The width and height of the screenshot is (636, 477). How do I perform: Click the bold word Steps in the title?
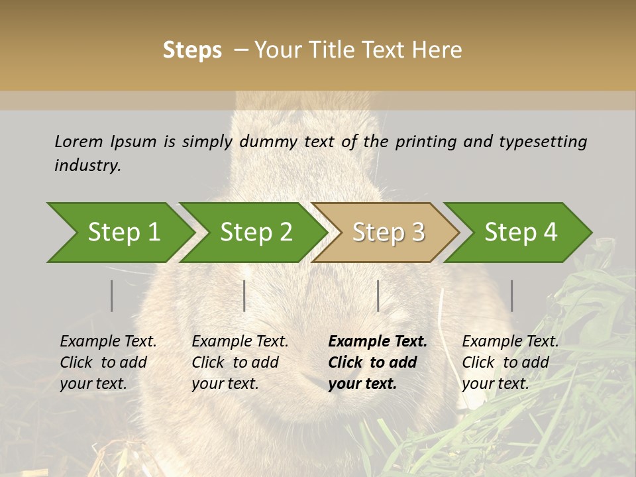tap(192, 50)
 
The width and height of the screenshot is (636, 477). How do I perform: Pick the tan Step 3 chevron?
tap(386, 233)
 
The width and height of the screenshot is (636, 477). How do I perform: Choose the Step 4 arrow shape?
tap(518, 233)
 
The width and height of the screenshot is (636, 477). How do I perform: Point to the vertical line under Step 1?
tap(112, 295)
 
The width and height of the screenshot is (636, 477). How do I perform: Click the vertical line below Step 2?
tap(244, 295)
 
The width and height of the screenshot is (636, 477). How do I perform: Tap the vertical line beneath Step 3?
tap(378, 295)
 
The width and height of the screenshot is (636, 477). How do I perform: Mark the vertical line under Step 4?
tap(512, 295)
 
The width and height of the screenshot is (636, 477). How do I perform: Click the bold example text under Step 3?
tap(377, 362)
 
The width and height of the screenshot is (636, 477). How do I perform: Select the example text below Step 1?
tap(108, 362)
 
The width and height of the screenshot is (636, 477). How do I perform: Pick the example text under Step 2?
tap(240, 362)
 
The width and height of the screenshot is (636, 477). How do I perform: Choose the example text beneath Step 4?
tap(510, 362)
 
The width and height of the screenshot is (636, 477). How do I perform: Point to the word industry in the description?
tap(87, 166)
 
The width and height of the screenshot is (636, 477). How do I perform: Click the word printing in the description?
tap(425, 142)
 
